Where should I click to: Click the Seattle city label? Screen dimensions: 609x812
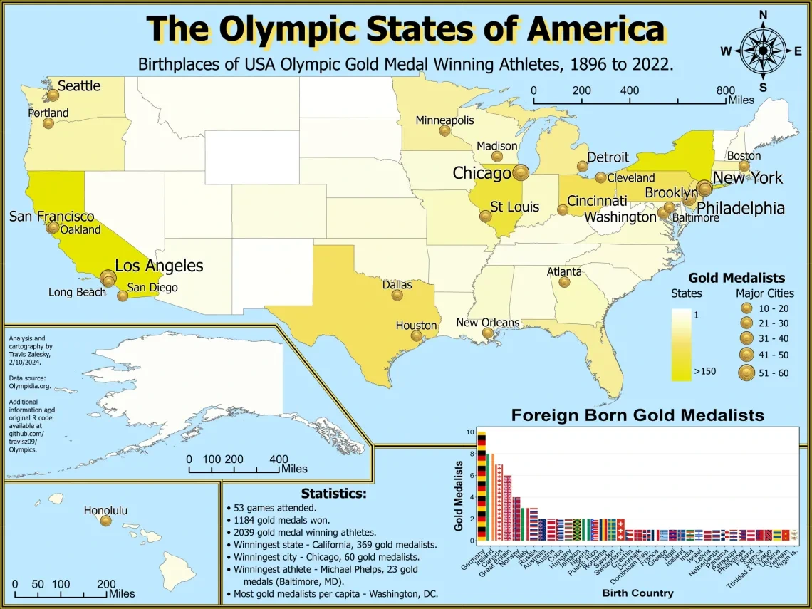click(x=78, y=86)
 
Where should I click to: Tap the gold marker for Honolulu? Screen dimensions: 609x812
click(x=106, y=521)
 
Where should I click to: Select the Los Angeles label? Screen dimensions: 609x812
click(x=159, y=266)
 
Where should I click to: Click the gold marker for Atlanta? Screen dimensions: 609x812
click(x=564, y=282)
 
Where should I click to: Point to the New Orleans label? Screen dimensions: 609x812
click(x=487, y=323)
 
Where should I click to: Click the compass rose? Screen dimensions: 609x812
click(x=762, y=50)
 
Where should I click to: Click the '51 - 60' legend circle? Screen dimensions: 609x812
click(x=746, y=373)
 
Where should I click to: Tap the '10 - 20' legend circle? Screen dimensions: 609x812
click(x=746, y=308)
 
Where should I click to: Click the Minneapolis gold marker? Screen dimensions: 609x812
click(x=444, y=131)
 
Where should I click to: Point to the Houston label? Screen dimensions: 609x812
click(x=416, y=326)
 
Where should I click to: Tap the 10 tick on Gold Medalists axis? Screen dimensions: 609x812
click(x=469, y=432)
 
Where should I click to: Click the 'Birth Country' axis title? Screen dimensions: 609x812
click(x=637, y=593)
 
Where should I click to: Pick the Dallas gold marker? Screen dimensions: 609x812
click(x=397, y=296)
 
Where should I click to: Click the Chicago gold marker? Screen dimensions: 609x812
click(x=521, y=172)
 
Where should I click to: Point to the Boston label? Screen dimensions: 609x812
click(x=744, y=155)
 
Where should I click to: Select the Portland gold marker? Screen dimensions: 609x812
click(x=48, y=123)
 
